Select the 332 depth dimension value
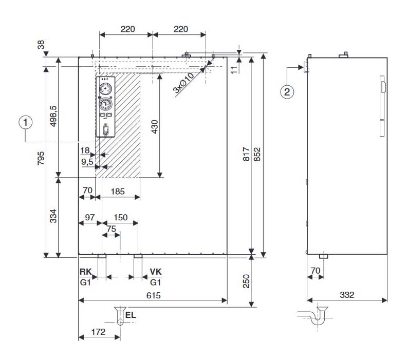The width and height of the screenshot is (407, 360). pos(348,295)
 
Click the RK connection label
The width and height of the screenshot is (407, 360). pos(85,271)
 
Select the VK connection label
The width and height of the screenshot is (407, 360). pos(156,271)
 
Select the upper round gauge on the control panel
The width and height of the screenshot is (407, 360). pos(106,87)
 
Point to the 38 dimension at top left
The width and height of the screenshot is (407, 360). pos(41,45)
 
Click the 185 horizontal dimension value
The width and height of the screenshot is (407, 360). pos(118,191)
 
